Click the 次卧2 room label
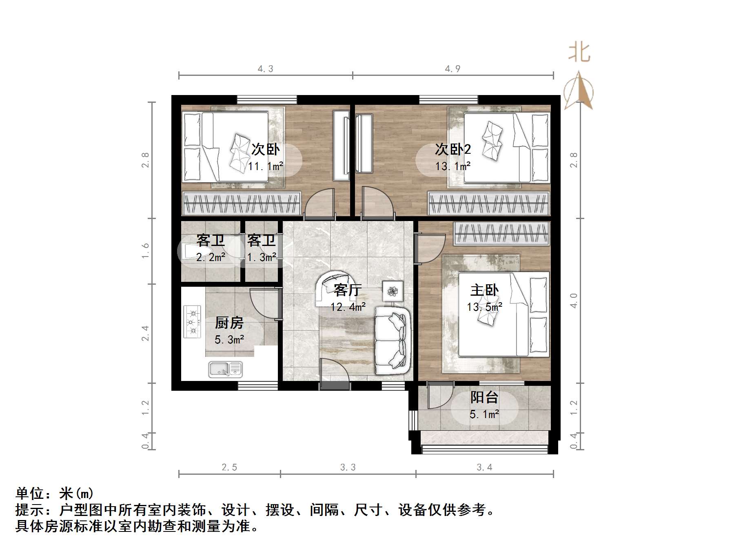(453, 149)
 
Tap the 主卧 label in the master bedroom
(484, 290)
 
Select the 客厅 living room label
(347, 290)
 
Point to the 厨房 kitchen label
(229, 323)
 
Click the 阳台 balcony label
(484, 397)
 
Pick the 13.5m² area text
(484, 307)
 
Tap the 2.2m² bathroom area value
(211, 257)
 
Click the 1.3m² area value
(262, 257)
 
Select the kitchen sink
(225, 369)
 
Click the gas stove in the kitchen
(193, 321)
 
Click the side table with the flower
(393, 291)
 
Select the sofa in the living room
(392, 341)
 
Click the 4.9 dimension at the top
(453, 69)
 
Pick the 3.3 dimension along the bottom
(348, 467)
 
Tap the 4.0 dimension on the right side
(573, 301)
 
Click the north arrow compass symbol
(579, 92)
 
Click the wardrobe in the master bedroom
(501, 234)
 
